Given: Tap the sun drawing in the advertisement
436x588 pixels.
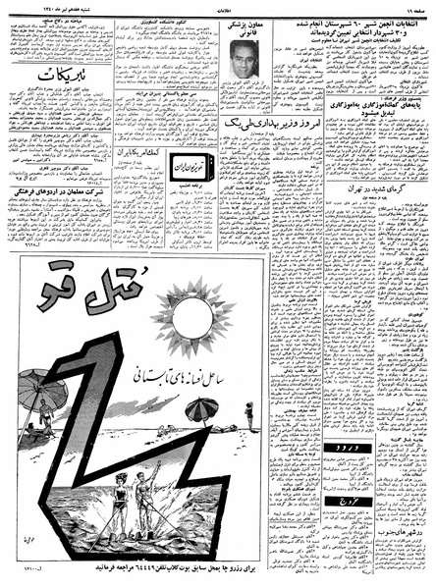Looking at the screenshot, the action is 192,316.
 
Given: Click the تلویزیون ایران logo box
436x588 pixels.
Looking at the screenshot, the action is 188,168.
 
